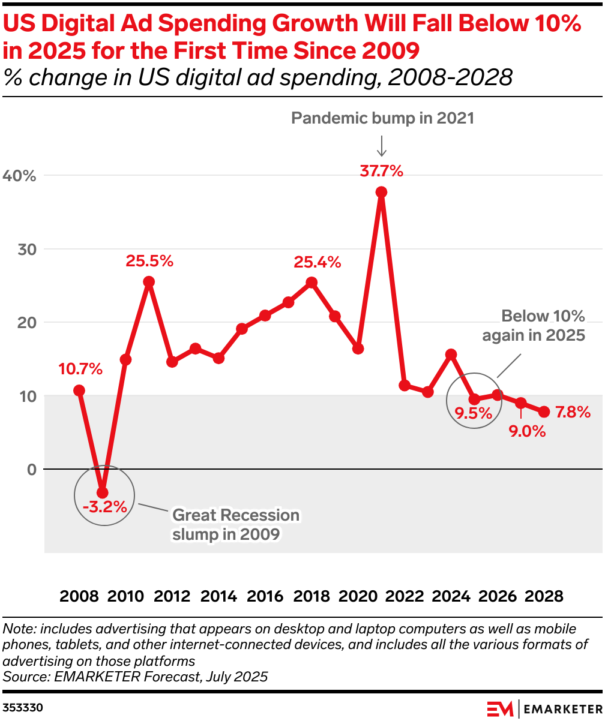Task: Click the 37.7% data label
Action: point(381,171)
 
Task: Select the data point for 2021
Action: point(381,192)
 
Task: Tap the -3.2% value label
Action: point(105,507)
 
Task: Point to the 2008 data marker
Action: point(79,390)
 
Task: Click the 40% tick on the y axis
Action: point(20,176)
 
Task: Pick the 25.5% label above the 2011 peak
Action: point(149,261)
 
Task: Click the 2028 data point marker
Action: point(544,411)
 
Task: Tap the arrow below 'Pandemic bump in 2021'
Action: point(382,145)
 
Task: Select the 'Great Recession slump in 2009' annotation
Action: point(235,525)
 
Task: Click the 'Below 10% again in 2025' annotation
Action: point(534,326)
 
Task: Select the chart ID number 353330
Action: point(23,708)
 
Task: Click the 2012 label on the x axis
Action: point(172,597)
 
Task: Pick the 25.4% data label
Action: point(317,262)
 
